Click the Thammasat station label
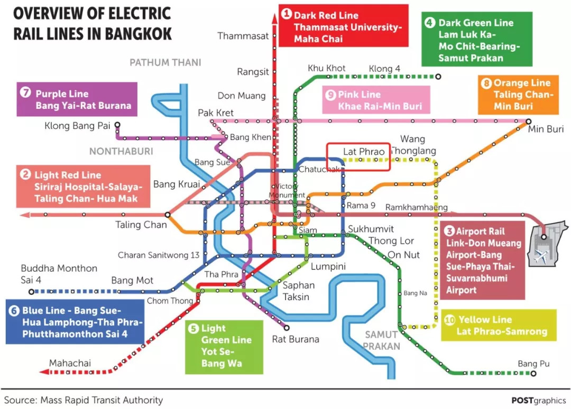(x=243, y=36)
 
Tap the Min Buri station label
(x=546, y=129)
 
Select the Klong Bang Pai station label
(x=78, y=126)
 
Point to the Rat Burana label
(x=296, y=339)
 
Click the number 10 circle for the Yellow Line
(x=450, y=319)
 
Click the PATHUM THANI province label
(x=165, y=62)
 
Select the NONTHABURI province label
(x=121, y=152)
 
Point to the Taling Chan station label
(x=141, y=225)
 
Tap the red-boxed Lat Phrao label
(x=364, y=152)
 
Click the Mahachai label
(x=70, y=363)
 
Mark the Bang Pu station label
(x=534, y=364)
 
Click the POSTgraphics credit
(x=538, y=400)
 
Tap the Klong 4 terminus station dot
(x=438, y=77)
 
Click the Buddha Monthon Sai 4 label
(x=59, y=274)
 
